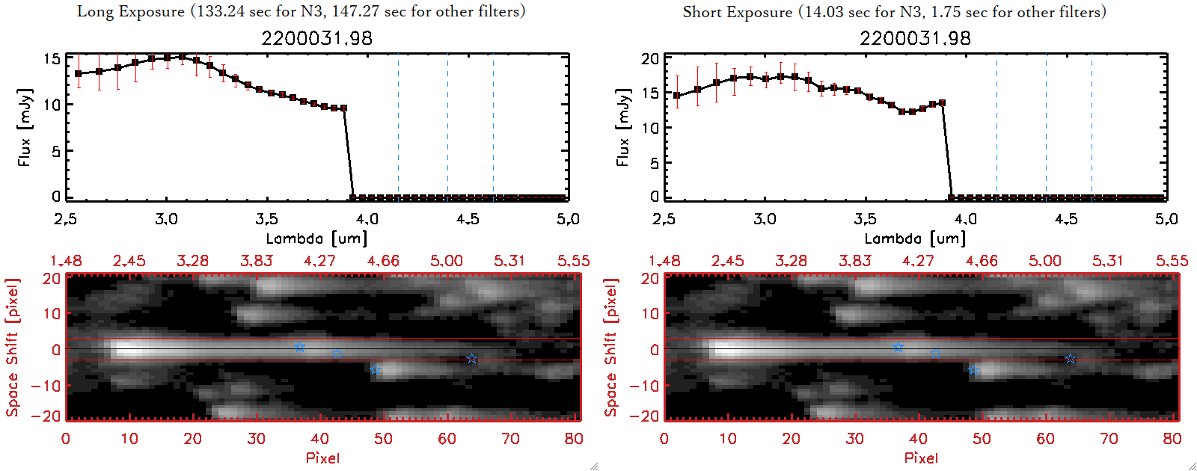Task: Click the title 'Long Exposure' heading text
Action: [131, 11]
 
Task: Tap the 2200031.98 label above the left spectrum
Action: [316, 38]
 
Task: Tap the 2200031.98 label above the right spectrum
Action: [915, 38]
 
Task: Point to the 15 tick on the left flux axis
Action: [52, 58]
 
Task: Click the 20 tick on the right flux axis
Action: [650, 58]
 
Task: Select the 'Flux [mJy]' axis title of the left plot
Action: [25, 127]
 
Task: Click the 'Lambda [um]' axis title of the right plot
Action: [915, 238]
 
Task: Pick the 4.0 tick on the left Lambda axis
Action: [367, 219]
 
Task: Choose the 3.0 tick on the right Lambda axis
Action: [765, 219]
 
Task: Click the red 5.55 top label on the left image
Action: [573, 261]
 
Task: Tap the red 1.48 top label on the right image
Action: [664, 261]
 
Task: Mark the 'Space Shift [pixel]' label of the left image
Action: [12, 348]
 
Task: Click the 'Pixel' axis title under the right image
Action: [921, 458]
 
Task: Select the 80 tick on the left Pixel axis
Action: [574, 439]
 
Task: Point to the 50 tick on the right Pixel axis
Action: [982, 439]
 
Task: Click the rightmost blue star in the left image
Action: [471, 359]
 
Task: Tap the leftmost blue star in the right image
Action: [898, 347]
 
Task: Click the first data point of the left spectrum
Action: [79, 74]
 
